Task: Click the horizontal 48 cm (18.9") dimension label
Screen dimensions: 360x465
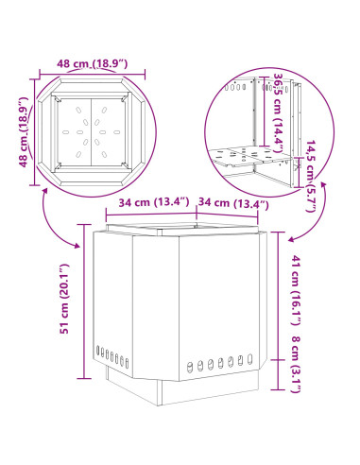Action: coord(92,63)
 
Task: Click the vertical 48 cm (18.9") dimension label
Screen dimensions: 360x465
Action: coord(24,132)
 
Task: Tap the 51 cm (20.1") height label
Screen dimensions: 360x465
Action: coord(64,299)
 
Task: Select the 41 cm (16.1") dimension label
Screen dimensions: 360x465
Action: coord(296,290)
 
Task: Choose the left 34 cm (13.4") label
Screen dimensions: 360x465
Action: coord(154,202)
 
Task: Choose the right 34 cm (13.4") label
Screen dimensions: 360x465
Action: coord(233,203)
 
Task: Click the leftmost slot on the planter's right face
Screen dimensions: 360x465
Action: coord(190,367)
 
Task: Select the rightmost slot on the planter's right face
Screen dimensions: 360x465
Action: coord(249,359)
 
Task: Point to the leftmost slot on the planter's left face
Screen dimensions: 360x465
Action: coord(97,351)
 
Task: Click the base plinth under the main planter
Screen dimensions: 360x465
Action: coord(182,387)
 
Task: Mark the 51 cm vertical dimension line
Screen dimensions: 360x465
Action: coord(84,301)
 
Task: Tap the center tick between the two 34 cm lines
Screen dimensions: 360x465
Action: coord(197,214)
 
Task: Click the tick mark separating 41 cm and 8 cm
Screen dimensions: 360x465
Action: coord(278,360)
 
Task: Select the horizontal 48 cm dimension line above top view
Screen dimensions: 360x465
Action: coord(92,75)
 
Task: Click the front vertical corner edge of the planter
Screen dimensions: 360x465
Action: coord(179,308)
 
